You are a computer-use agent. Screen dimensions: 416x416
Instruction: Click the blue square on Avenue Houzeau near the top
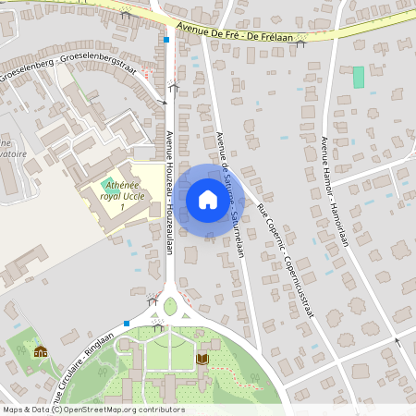pos(166,40)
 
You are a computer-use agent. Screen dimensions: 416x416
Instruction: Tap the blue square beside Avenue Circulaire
pos(126,323)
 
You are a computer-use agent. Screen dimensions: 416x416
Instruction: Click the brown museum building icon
pos(40,351)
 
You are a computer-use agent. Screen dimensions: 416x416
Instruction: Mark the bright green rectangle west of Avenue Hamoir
pos(358,78)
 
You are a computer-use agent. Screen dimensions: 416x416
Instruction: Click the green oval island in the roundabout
pos(170,306)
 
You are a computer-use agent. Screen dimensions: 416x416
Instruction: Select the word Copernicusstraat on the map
pos(298,285)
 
